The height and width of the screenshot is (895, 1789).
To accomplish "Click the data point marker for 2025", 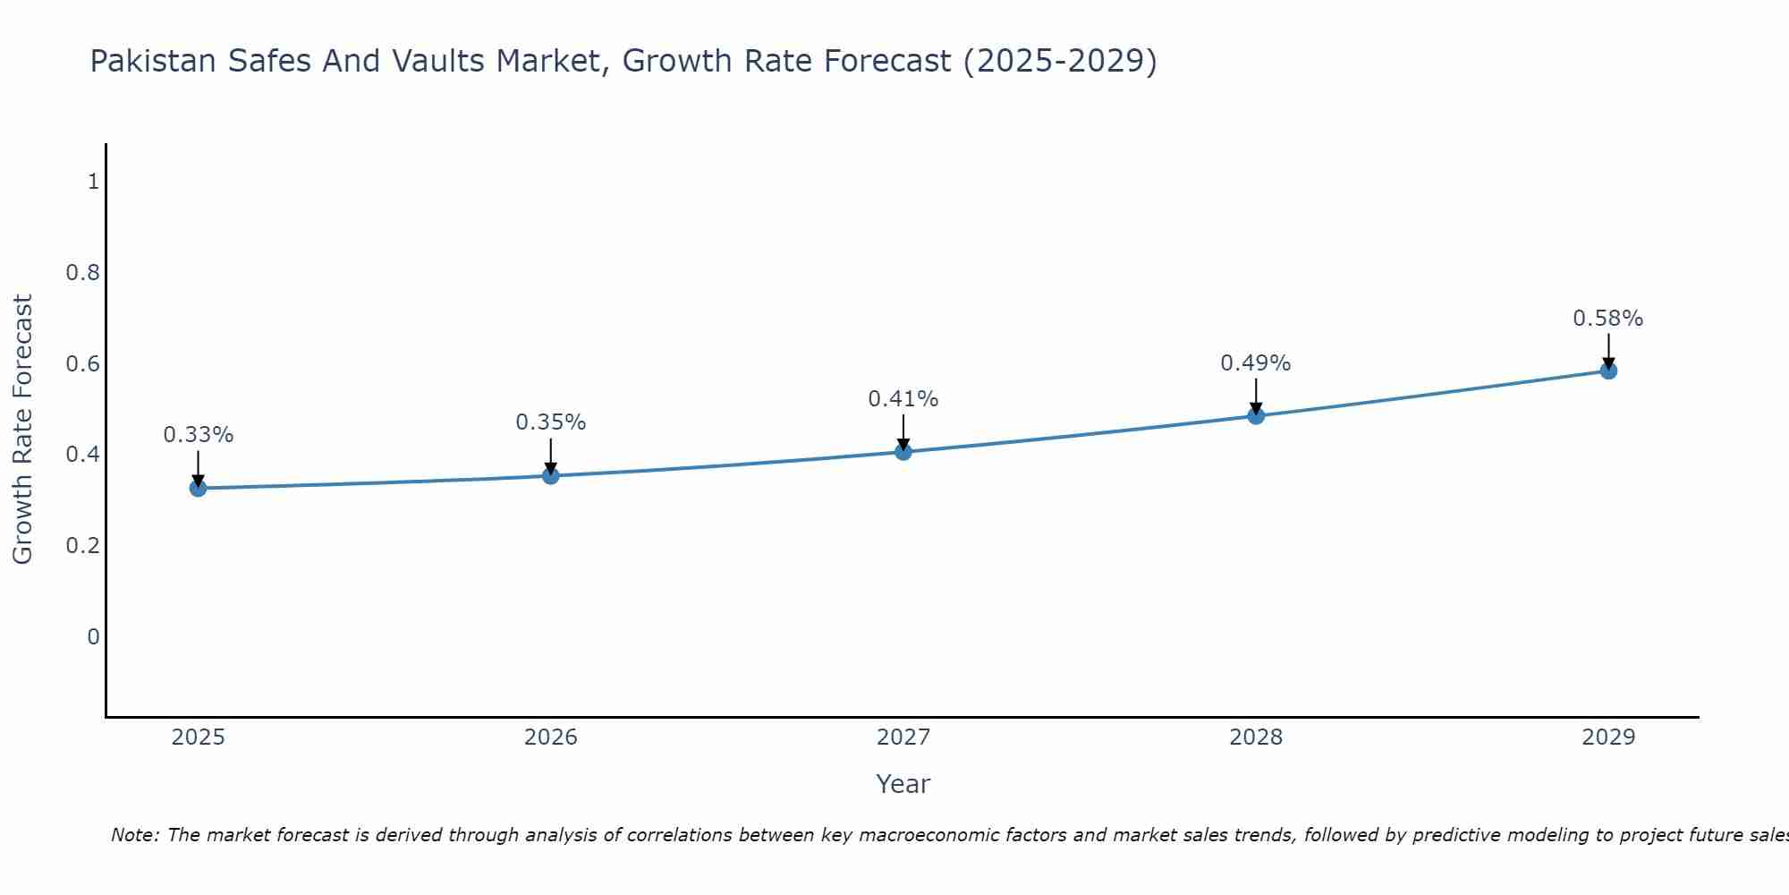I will (199, 488).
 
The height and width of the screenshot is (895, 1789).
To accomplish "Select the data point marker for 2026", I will (551, 475).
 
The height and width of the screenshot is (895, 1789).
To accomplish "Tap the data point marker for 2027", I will (903, 452).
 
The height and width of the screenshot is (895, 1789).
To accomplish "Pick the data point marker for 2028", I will (1256, 415).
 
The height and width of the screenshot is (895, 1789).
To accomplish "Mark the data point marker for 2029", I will (1608, 371).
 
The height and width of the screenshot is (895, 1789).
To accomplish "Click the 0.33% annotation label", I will (199, 435).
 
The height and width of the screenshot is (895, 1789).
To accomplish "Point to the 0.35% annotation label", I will (551, 422).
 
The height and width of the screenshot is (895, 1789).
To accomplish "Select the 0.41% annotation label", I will (903, 399).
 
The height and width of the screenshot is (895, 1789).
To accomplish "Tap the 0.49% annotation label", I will (1256, 363).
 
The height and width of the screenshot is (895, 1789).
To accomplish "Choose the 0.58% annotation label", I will (1608, 319).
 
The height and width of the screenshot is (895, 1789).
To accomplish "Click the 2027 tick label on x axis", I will (903, 737).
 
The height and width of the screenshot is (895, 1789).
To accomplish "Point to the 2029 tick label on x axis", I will (1608, 737).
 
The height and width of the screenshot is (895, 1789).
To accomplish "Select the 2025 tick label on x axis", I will (199, 737).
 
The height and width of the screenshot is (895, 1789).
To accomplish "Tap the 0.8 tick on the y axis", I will (82, 273).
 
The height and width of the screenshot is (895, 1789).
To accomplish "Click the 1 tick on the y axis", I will (93, 182).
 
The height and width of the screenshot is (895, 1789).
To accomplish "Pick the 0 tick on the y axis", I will (93, 637).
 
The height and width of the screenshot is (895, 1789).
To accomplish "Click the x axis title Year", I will (903, 784).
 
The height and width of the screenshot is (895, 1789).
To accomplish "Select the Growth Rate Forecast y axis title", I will (23, 430).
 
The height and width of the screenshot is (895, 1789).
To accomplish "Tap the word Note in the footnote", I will (134, 835).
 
